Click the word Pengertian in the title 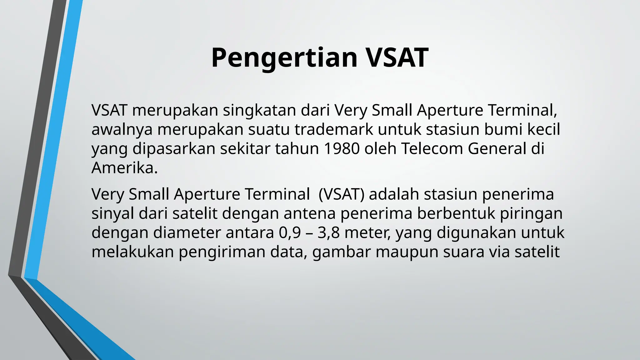coord(284,58)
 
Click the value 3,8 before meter coord(328,233)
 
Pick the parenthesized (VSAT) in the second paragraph coord(341,194)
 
